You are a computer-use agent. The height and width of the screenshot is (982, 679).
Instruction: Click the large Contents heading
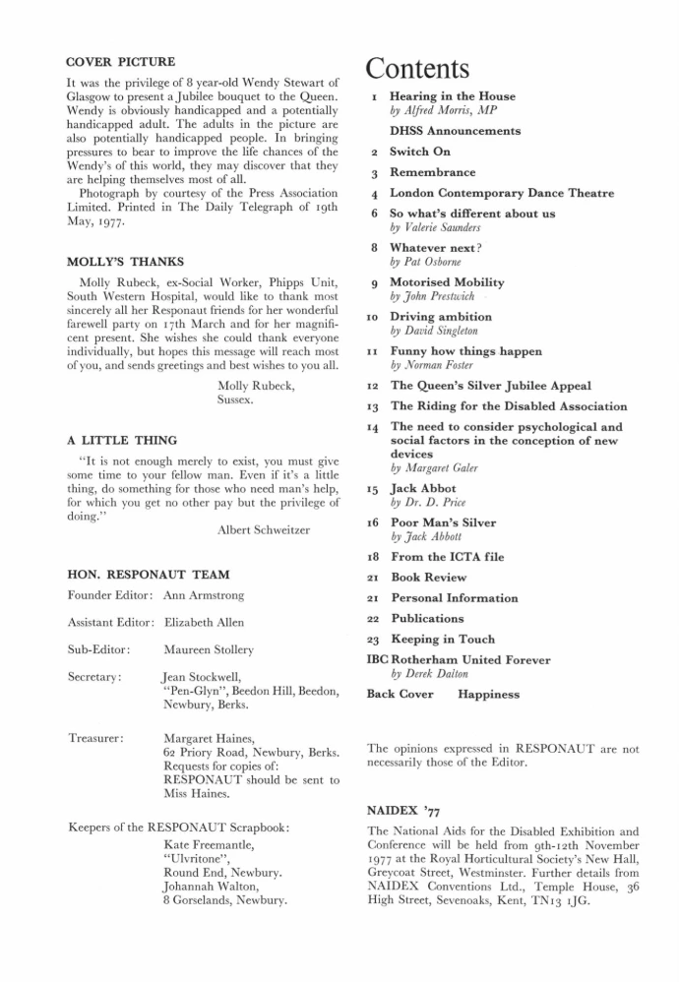[x=418, y=70]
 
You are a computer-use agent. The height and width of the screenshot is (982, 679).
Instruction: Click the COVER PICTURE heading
[x=120, y=62]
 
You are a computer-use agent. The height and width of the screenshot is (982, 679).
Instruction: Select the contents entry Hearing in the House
[x=452, y=96]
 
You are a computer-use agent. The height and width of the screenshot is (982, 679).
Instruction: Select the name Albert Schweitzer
[x=263, y=530]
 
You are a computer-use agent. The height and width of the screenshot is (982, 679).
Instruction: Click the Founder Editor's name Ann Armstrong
[x=204, y=595]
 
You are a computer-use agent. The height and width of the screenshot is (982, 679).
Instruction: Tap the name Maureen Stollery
[x=209, y=649]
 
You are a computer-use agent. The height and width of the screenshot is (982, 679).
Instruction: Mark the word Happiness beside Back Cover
[x=490, y=694]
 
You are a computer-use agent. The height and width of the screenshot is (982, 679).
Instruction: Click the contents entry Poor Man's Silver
[x=443, y=522]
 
